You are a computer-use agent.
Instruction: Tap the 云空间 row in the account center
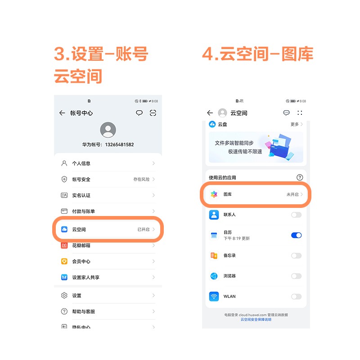click(108, 229)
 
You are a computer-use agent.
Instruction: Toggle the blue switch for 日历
click(296, 235)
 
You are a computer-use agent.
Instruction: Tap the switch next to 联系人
click(296, 215)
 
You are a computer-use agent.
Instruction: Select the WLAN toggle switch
click(296, 297)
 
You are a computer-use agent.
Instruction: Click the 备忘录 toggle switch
click(296, 256)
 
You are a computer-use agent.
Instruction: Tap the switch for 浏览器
click(296, 276)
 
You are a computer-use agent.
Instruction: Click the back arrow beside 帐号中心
click(62, 113)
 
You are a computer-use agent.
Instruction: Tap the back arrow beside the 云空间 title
click(210, 113)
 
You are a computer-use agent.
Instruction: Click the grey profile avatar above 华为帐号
click(108, 130)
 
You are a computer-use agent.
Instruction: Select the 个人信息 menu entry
click(108, 163)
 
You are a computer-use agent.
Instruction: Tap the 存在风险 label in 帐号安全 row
click(141, 180)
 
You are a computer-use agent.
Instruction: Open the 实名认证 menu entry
click(108, 195)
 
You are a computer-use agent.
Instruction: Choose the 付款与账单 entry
click(108, 211)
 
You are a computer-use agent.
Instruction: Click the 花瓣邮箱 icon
click(64, 245)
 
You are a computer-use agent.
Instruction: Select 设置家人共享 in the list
click(108, 277)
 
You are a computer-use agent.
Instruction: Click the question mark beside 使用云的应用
click(300, 178)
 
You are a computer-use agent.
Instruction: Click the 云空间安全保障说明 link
click(256, 319)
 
